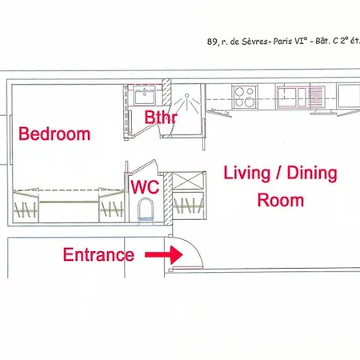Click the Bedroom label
coord(54,134)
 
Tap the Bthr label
coord(161,117)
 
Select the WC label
coord(146,187)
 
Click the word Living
coord(247,174)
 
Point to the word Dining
coord(312,174)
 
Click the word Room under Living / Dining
coord(281,200)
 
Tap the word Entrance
coord(98,254)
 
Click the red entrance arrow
coord(164,254)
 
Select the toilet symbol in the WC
coord(146,210)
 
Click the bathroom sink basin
coord(144,95)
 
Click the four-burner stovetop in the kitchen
coord(245,97)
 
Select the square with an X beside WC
coord(188,181)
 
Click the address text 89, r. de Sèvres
coord(238,42)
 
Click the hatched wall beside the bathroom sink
coord(166,93)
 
